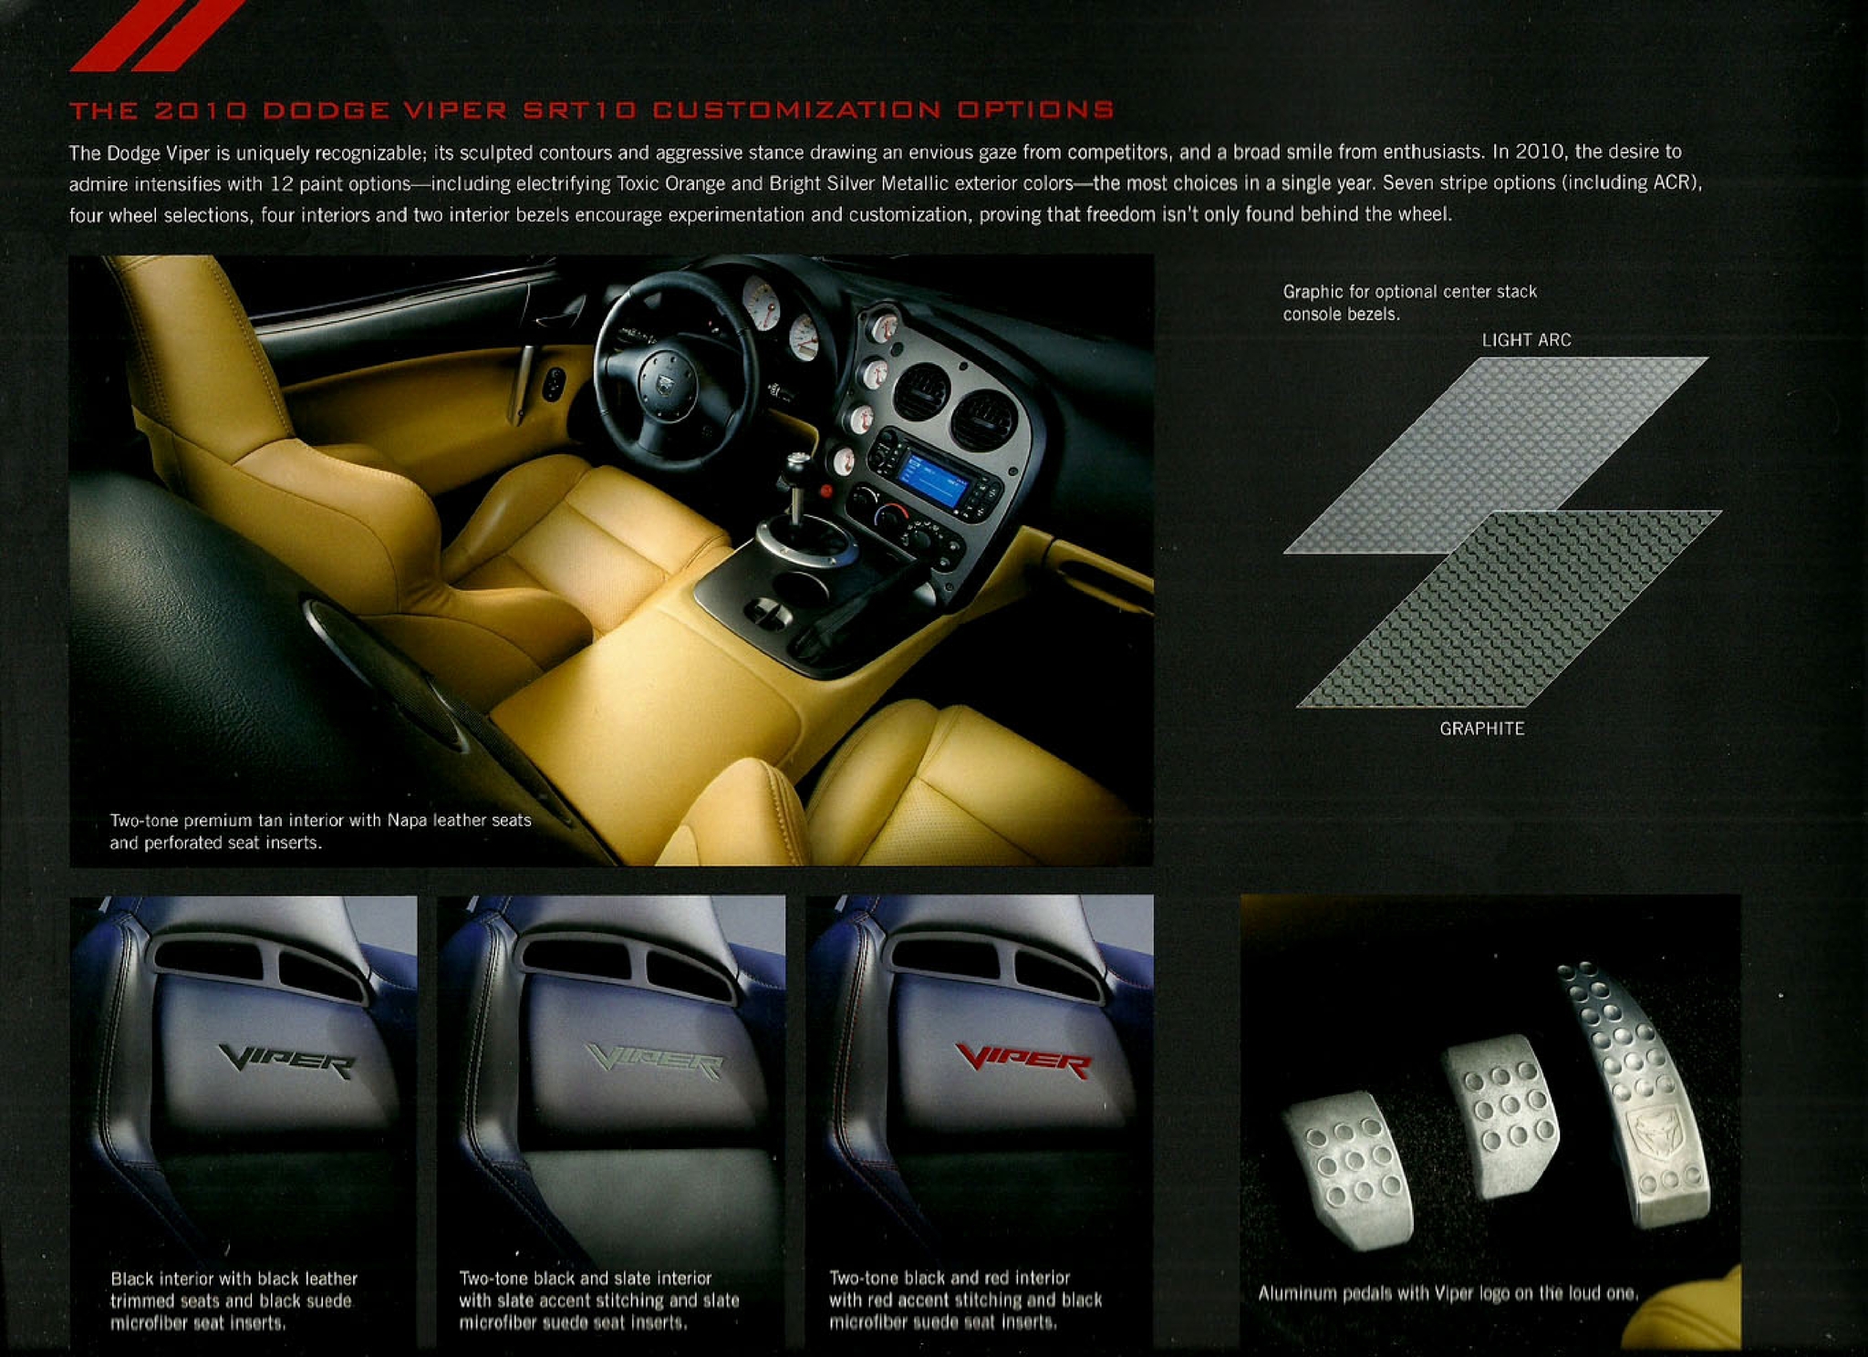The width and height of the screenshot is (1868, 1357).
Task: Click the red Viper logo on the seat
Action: point(1023,1062)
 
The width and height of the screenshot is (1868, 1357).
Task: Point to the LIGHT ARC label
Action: point(1526,340)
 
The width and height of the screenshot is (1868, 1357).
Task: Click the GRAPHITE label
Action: point(1482,729)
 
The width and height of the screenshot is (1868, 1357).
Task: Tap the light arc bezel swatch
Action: point(1496,454)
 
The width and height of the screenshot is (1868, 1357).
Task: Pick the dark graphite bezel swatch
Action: point(1509,609)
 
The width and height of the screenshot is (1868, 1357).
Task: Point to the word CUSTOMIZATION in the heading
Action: point(797,110)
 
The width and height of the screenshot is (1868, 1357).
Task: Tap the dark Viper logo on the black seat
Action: point(286,1062)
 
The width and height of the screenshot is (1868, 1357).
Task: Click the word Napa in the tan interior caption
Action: point(407,820)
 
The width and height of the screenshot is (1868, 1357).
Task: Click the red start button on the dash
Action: point(825,491)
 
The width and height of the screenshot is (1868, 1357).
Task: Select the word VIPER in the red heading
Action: point(455,110)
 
